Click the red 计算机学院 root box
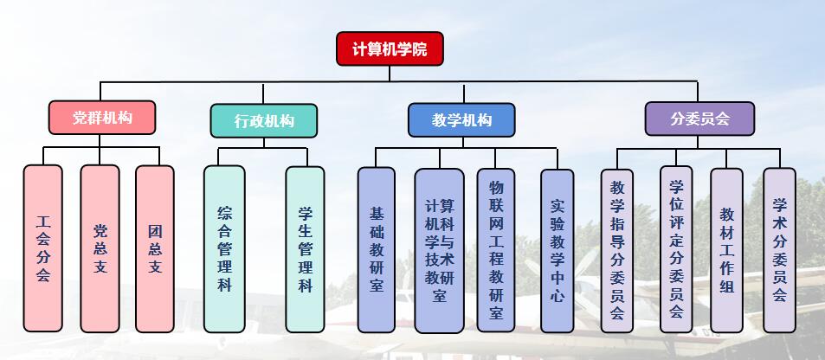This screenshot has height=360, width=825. pos(389,48)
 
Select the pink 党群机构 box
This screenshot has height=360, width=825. pos(102,118)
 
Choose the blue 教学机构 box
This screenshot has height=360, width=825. pos(461,119)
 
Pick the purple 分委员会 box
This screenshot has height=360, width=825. pos(699,119)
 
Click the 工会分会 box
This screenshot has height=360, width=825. pos(43,248)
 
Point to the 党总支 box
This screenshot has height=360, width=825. pos(100,248)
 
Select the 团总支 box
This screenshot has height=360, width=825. pos(155,248)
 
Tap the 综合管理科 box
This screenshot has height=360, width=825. pos(224,249)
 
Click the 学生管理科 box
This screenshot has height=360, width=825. pos(305,249)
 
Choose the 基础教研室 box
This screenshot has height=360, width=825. pos(376,249)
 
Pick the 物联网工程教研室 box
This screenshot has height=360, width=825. pos(496,249)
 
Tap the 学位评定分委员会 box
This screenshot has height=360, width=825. pos(676,249)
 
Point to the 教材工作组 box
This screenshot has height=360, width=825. pos(726,249)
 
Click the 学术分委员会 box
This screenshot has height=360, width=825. pos(779,249)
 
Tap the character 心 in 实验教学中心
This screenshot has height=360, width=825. pos(558,295)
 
